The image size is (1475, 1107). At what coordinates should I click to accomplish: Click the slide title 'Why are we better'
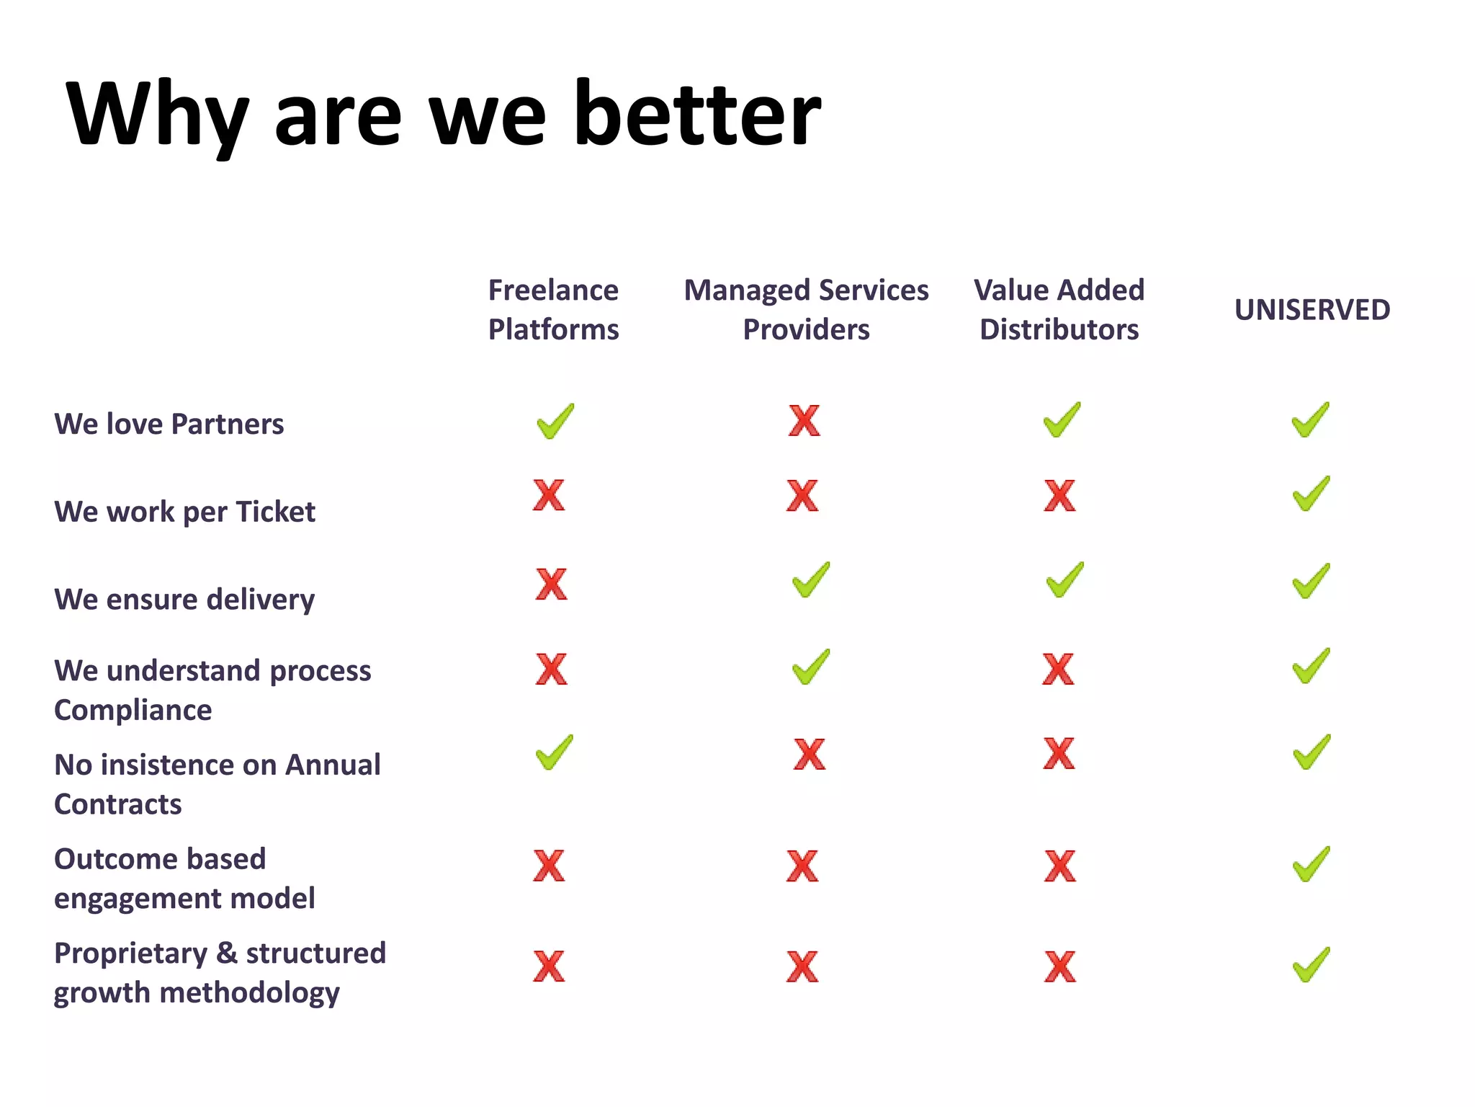[443, 115]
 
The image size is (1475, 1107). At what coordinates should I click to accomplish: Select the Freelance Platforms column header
[553, 310]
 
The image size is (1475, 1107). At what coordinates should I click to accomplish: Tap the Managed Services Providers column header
[806, 310]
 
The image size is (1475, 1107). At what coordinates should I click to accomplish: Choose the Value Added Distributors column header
[1059, 310]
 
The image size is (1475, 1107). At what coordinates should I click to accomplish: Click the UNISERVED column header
[1312, 310]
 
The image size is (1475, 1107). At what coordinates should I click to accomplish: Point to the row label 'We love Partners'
[169, 424]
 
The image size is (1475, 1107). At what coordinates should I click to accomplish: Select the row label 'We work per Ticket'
[184, 512]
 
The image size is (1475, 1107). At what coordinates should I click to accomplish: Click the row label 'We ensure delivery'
[184, 600]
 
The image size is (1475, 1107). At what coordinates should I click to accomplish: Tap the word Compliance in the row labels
[133, 711]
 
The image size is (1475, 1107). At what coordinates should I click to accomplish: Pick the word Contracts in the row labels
[118, 804]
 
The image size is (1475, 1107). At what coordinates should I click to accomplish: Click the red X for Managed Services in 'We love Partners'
[804, 421]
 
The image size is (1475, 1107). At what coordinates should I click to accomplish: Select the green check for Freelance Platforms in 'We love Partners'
[555, 421]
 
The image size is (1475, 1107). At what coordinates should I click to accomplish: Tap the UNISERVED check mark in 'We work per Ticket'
[1311, 494]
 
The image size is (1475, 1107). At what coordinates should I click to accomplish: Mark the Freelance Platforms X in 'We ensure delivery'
[551, 584]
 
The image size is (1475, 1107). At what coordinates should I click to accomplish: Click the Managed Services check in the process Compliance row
[810, 667]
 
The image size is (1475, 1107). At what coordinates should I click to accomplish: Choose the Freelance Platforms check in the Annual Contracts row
[555, 752]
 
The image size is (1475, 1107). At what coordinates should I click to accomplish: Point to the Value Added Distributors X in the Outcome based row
[1059, 866]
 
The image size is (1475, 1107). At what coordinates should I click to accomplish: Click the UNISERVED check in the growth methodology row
[1311, 965]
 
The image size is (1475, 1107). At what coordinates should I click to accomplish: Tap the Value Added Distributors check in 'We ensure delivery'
[1064, 580]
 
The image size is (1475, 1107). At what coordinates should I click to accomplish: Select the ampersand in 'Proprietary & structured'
[227, 953]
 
